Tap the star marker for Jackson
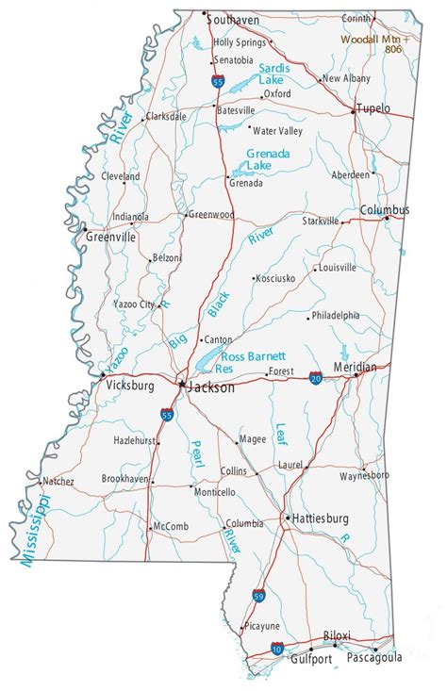181,384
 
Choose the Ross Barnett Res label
253,363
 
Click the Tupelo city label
374,108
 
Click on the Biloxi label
337,636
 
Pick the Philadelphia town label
336,315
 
